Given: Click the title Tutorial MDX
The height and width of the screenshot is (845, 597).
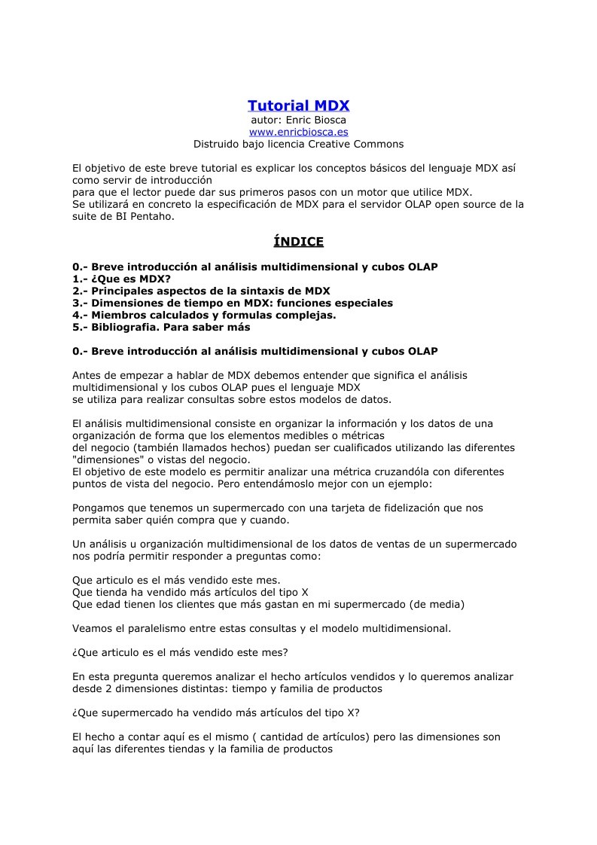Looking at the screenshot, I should point(298,105).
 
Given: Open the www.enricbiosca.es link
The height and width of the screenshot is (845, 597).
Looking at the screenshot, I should point(298,132).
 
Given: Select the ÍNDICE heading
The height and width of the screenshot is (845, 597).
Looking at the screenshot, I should point(298,242).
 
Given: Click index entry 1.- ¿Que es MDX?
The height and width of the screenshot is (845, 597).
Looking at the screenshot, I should point(121,279).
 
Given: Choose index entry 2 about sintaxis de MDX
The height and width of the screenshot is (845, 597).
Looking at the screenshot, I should point(201,291).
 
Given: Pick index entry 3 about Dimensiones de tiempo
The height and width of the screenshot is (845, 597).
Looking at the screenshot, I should point(233,303).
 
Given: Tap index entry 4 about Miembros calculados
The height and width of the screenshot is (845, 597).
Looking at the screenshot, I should point(204,315).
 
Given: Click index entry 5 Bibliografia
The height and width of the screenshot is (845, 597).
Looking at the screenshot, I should point(161,327).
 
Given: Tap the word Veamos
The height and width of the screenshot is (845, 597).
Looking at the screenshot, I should point(92,629).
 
